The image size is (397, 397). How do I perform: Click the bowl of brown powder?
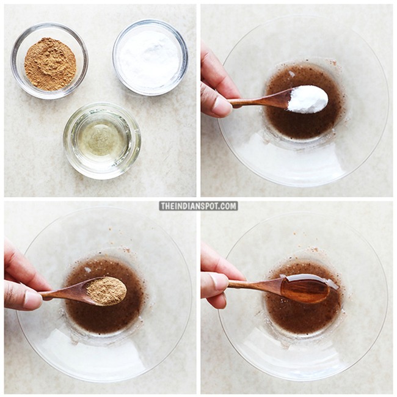pos(49,60)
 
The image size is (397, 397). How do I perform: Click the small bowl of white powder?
pos(150,57)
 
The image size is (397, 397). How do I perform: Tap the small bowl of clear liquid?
pos(102,140)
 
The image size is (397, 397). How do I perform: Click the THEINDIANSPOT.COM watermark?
pos(198,206)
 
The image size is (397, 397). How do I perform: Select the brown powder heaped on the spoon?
pos(106,291)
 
